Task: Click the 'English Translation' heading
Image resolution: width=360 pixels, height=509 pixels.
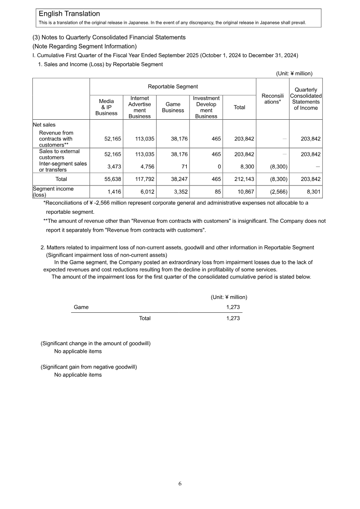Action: coord(69,14)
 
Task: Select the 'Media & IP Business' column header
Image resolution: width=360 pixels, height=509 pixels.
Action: coord(106,107)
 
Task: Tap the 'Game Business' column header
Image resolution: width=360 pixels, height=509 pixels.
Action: coord(173,107)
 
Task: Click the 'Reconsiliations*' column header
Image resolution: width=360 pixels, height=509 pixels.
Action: coord(272,99)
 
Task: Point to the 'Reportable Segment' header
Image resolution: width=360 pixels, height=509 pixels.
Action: coord(173,86)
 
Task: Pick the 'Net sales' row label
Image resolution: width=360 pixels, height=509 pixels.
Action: coord(44,124)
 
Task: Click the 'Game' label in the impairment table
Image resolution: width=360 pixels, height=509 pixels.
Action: coord(81,307)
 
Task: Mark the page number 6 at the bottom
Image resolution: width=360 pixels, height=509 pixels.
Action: coord(180,483)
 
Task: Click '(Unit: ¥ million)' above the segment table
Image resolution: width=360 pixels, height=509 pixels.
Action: coord(294,73)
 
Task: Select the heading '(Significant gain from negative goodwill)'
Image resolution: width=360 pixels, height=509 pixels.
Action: coord(89,367)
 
